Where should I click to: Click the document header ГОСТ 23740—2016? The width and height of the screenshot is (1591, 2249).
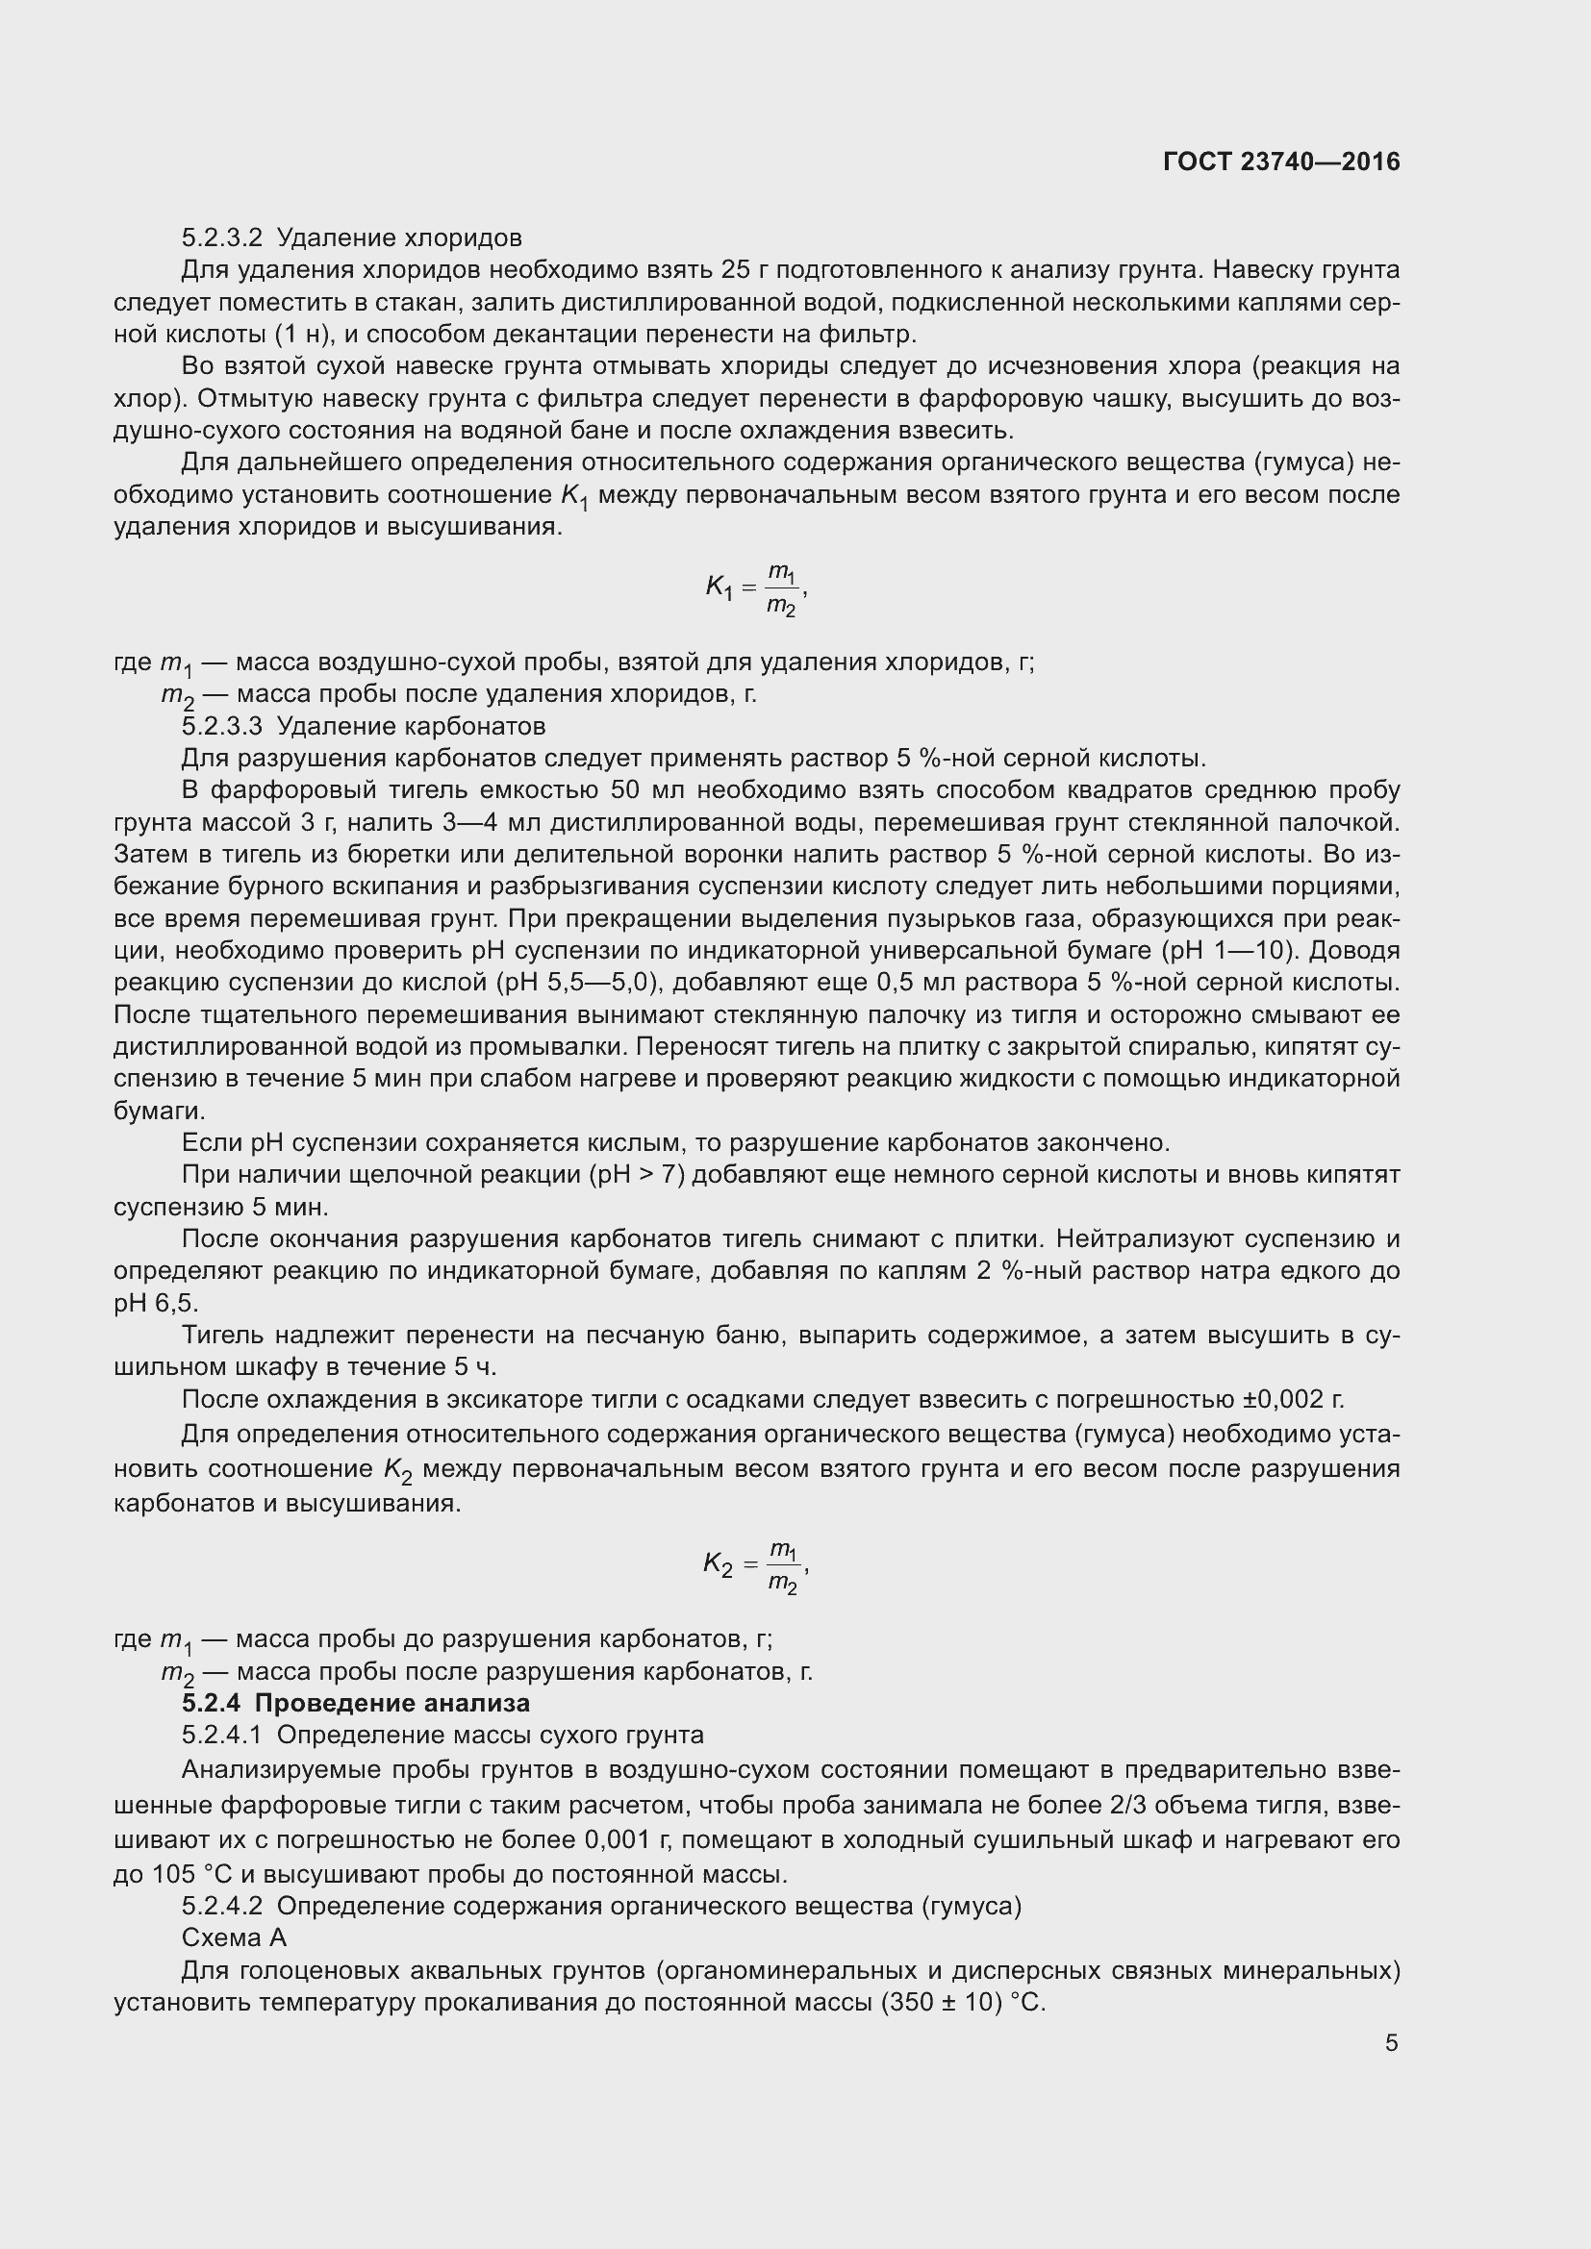[x=1281, y=162]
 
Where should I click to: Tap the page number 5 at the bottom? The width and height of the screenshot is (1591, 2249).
[x=1391, y=2042]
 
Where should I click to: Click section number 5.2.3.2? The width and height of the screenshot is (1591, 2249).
[x=222, y=238]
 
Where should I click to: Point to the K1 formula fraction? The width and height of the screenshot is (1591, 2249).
[x=781, y=587]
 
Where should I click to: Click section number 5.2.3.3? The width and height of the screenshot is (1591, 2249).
[x=222, y=726]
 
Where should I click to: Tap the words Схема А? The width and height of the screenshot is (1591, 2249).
[x=234, y=1937]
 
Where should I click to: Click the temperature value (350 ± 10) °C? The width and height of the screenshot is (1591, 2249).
[x=964, y=2002]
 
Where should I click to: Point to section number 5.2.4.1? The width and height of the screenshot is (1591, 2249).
[x=222, y=1735]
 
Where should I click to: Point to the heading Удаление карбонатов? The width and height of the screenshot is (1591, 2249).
[x=412, y=726]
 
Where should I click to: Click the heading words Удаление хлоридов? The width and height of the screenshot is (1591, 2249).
[x=400, y=238]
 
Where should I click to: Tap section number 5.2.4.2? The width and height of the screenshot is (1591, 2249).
[x=222, y=1906]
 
